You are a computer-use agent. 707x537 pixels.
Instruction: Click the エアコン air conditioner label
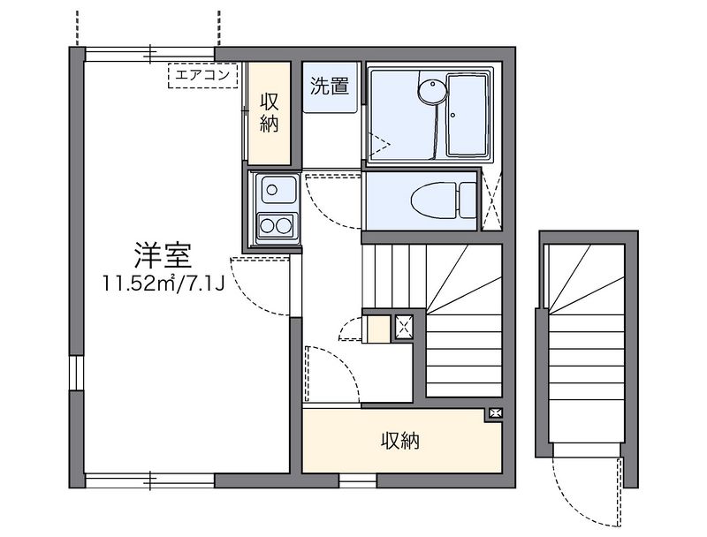tap(202, 76)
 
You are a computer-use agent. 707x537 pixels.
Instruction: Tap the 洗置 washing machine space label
tap(329, 87)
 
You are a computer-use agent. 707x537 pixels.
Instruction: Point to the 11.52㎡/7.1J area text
tap(163, 284)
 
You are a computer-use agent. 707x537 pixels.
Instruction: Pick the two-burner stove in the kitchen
tap(275, 224)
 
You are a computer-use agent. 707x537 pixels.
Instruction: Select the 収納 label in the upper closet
tap(270, 112)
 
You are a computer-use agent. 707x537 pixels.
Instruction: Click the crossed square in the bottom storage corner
tap(495, 413)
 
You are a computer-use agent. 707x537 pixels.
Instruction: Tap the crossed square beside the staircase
tap(404, 327)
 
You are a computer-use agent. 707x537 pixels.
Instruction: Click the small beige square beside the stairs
tap(378, 329)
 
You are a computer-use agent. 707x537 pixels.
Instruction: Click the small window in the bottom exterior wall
tap(357, 481)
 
